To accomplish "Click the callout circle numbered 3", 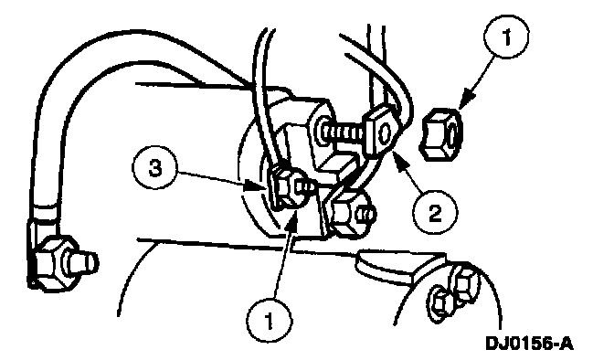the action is pos(155,169).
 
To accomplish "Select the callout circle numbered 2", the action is pos(435,213).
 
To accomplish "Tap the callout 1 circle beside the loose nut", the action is pos(506,37).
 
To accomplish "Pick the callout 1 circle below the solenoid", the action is pos(269,321).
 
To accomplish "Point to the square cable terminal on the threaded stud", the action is pos(381,132).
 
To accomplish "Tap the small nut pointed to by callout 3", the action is pos(289,187).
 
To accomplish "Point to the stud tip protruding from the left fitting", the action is pos(83,262).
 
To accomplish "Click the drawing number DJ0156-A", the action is pos(529,344).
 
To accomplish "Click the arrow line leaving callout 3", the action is pos(217,179).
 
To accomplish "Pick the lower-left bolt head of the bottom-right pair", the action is pos(440,302).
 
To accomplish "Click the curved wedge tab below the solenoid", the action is pos(400,268).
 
